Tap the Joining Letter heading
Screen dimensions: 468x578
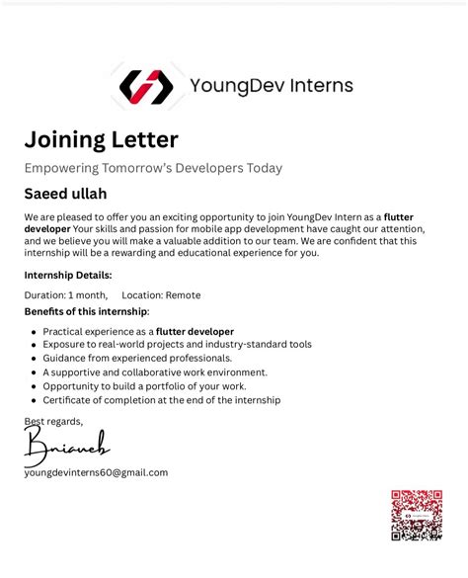pos(101,139)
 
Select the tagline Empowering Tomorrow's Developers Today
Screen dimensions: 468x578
pos(153,168)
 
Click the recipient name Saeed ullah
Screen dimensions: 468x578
pos(65,194)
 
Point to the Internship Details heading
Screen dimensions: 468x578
pos(68,275)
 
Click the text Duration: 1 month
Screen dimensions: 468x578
pos(66,294)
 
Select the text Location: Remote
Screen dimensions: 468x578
pos(161,294)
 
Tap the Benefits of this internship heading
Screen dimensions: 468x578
pos(87,312)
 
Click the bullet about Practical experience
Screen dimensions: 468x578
pos(138,331)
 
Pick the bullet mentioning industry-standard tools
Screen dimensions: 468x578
pos(177,345)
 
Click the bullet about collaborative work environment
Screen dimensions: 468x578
pos(155,372)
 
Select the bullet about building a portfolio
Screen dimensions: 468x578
pos(144,386)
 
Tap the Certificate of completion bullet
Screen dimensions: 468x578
pos(162,400)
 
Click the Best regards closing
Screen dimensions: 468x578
pos(53,422)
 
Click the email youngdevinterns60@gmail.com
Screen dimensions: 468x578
pos(96,472)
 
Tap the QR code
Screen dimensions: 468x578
pos(416,515)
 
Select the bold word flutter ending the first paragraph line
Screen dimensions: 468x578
pos(398,216)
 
